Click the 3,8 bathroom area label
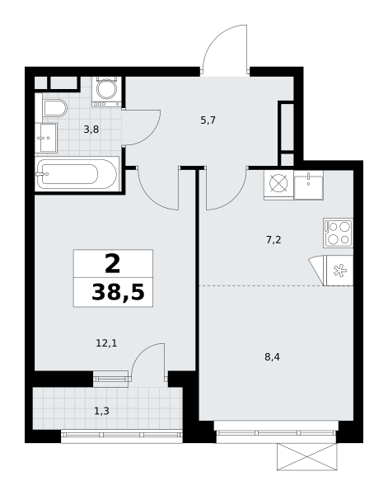coord(91,130)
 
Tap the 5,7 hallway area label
coord(208,120)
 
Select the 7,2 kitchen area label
coord(273,240)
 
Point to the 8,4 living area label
coord(273,357)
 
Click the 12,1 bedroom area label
coord(106,343)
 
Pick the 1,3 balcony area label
coord(101,411)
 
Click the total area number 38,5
coord(118,292)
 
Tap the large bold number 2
coord(113,264)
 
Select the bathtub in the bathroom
coord(77,173)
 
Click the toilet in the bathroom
coord(55,108)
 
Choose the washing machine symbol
coord(107,92)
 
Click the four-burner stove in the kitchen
coord(338,233)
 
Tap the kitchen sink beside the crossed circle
coord(309,185)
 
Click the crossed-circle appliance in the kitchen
coord(278,185)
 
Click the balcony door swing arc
coord(143,351)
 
